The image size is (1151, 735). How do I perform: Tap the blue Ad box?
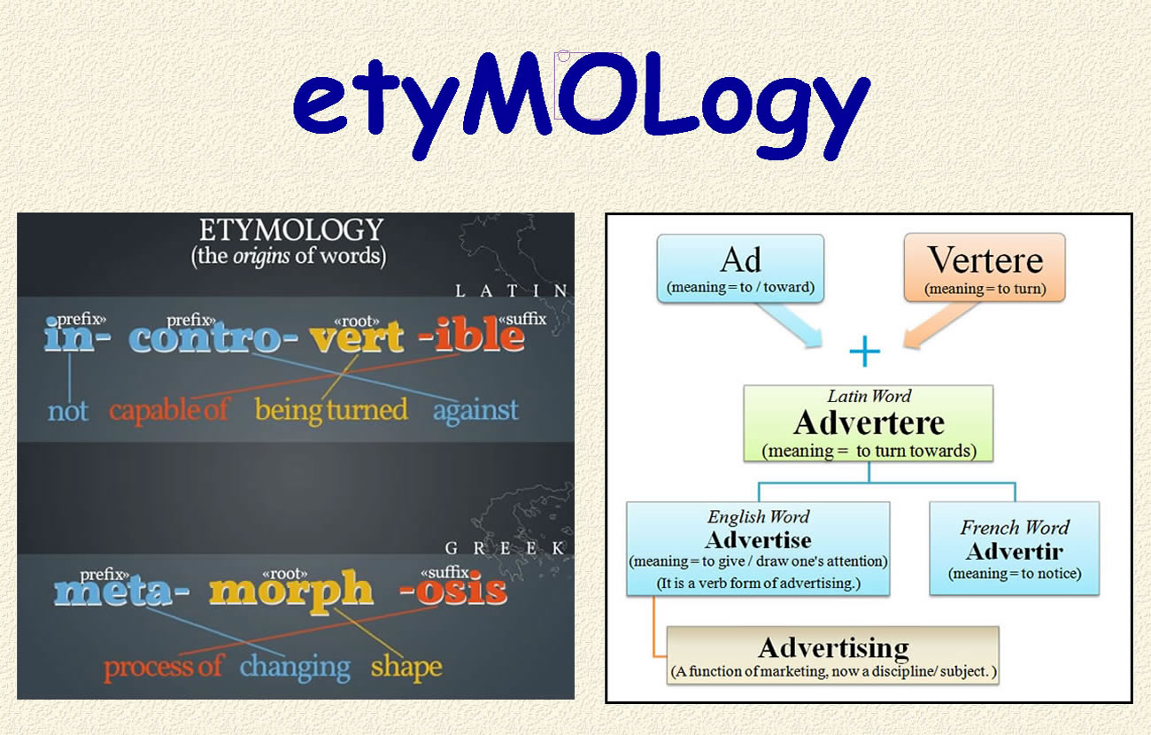coord(740,268)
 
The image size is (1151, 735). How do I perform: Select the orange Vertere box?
coord(985,267)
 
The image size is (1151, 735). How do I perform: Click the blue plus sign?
coord(865,351)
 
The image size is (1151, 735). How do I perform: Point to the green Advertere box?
coord(869,423)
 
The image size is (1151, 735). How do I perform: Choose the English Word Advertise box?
coord(758,549)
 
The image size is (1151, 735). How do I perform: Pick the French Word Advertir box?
coord(1015,549)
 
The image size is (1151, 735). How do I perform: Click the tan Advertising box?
coord(833,655)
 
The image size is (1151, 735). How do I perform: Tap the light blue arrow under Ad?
coord(792,325)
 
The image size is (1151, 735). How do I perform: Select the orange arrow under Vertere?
coord(939,325)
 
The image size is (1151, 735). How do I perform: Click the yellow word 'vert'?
coord(357,337)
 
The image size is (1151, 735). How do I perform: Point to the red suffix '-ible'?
coord(472,334)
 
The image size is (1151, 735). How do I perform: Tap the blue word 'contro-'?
coord(213,338)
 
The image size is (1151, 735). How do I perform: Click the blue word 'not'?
coord(68,411)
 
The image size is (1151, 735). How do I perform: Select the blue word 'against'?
coord(475,412)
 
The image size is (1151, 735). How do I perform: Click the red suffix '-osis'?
coord(453,590)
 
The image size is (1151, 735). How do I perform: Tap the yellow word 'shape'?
coord(406,667)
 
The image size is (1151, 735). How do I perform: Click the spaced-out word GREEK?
coord(505,548)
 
